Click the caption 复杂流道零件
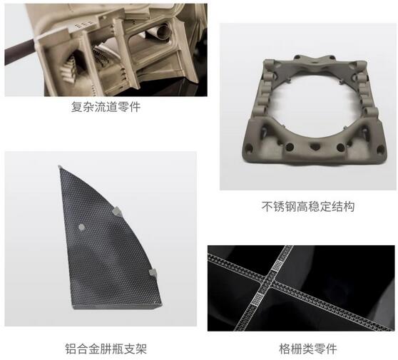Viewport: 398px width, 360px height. (106, 107)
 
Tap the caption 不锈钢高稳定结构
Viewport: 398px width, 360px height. (308, 207)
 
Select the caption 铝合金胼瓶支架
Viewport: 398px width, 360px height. (106, 349)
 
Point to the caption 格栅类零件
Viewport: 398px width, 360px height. (308, 349)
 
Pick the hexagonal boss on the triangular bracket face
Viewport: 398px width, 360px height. (81, 227)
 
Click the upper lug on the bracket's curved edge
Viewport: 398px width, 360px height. (117, 212)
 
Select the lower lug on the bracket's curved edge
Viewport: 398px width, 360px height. (153, 273)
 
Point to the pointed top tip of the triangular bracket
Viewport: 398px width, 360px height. (59, 167)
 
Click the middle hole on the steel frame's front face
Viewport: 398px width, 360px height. (315, 146)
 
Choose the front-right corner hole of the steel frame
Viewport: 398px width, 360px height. (380, 150)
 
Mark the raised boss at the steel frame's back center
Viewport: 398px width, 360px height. (315, 61)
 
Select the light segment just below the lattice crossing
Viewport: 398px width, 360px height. (259, 299)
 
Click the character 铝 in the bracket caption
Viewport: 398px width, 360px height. (71, 349)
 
